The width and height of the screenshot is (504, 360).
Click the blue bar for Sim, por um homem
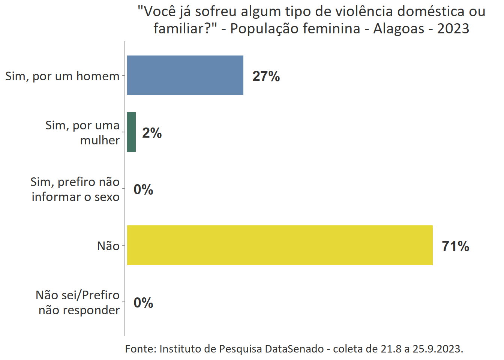[x=185, y=75]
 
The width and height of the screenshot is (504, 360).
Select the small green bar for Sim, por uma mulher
[x=131, y=132]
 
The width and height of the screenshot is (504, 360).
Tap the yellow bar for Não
[x=279, y=245]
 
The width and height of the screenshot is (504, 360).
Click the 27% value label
[x=266, y=76]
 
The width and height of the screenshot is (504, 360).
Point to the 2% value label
[x=152, y=133]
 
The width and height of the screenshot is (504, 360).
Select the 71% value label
[x=455, y=246]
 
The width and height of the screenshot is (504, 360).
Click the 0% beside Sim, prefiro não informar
[x=143, y=189]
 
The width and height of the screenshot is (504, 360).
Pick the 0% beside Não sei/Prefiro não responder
[x=143, y=303]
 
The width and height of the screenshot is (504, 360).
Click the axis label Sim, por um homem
[x=62, y=76]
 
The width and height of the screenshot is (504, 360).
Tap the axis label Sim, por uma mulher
[x=82, y=132]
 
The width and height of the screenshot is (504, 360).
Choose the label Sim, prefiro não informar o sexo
[x=75, y=189]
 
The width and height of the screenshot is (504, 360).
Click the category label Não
[x=108, y=246]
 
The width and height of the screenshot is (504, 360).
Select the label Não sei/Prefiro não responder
[x=78, y=302]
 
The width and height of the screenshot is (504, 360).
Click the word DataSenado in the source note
[x=294, y=349]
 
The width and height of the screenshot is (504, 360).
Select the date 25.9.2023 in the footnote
[x=438, y=349]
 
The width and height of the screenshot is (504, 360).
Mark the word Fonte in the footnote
[x=140, y=349]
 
